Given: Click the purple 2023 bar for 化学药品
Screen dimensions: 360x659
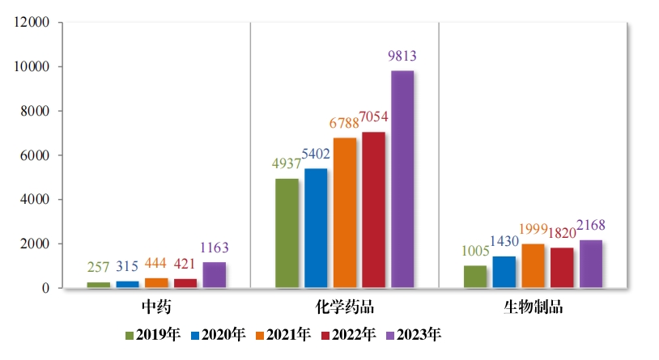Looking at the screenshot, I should (x=402, y=179).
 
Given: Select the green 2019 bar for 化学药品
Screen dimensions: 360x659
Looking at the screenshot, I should (x=287, y=233).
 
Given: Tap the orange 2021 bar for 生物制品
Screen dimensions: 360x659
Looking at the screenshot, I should (x=533, y=265).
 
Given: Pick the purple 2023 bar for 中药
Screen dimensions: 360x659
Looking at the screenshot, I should (x=214, y=275).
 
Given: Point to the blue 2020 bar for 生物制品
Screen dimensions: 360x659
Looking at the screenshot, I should (x=504, y=272).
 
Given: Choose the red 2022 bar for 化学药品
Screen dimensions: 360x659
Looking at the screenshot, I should (x=373, y=210).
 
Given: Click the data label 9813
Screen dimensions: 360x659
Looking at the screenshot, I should (x=402, y=57).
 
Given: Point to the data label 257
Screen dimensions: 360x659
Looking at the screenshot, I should (x=98, y=267).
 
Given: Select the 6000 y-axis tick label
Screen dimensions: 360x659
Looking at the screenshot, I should (x=36, y=155).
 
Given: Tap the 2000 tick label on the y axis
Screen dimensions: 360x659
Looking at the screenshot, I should (x=36, y=244).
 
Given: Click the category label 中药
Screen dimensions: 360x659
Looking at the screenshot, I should (x=155, y=307).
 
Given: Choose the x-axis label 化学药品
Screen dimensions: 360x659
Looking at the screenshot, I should (x=344, y=307).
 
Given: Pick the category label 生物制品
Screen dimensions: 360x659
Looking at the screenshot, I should (x=533, y=307).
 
